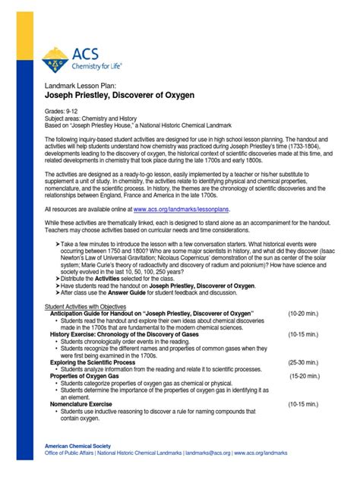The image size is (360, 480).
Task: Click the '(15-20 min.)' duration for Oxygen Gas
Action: (x=309, y=375)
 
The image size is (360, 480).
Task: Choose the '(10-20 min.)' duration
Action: (x=307, y=312)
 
